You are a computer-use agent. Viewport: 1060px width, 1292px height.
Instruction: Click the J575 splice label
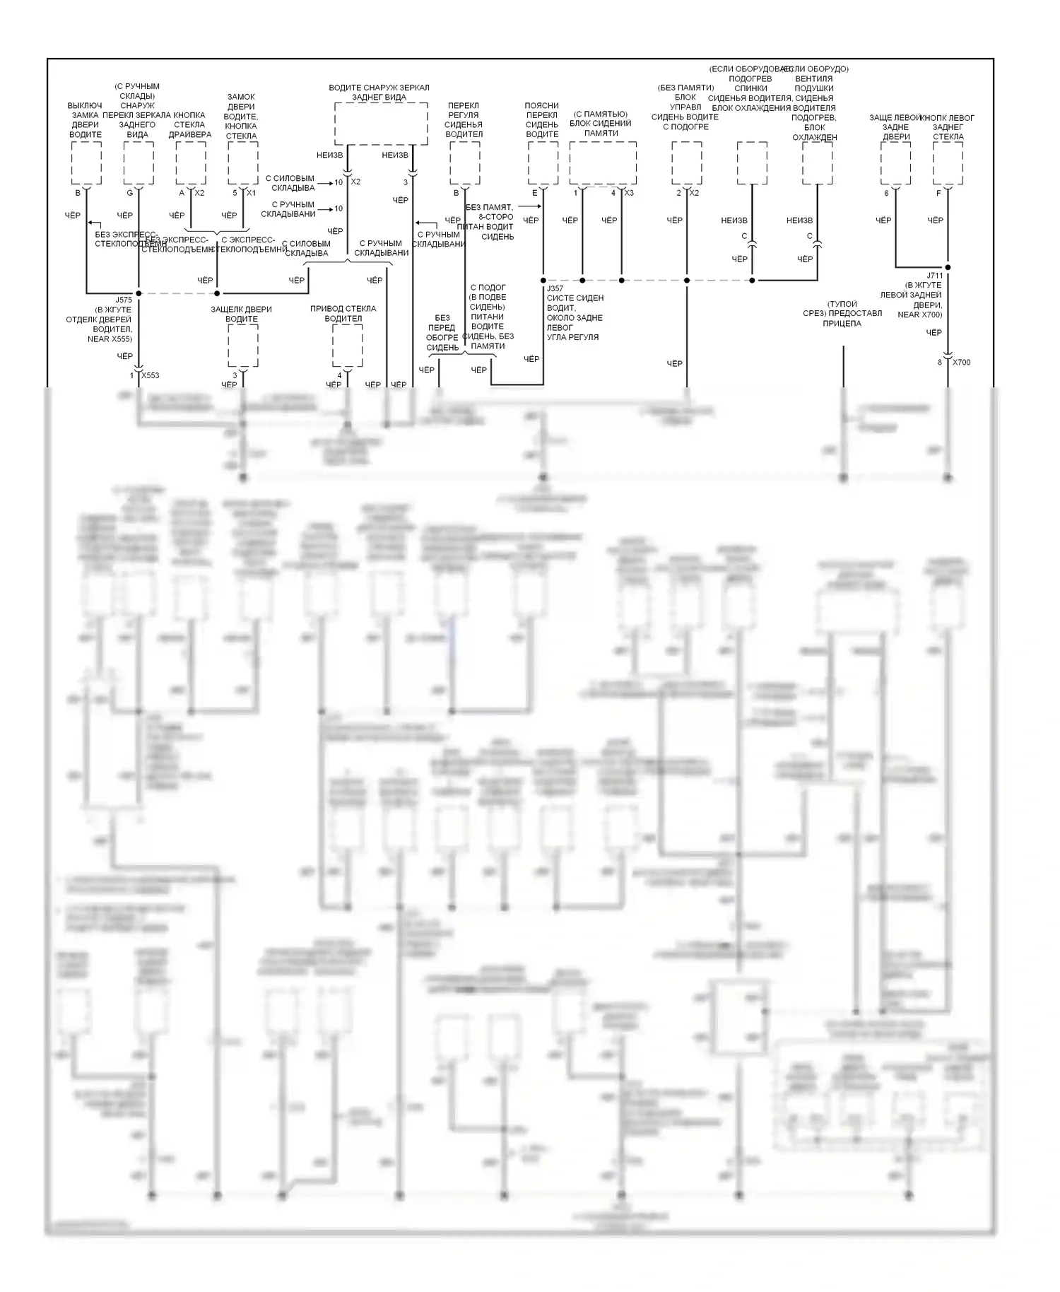[x=124, y=300]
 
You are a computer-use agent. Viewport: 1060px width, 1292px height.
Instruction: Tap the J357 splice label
[x=555, y=288]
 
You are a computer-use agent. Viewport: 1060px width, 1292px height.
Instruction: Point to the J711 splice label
[x=934, y=276]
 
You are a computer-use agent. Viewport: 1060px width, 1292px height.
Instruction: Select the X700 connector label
[x=961, y=362]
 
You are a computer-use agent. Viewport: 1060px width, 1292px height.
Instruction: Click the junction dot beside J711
[x=948, y=267]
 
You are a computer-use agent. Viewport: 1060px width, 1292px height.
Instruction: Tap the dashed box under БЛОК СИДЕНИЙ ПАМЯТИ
[x=602, y=163]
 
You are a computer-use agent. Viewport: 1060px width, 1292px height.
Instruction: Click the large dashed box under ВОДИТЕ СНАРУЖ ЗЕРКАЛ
[x=380, y=124]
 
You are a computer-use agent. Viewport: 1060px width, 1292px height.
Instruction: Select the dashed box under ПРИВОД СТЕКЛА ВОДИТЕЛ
[x=347, y=346]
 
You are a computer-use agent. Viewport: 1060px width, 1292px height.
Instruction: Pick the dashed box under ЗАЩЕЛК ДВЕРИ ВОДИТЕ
[x=242, y=346]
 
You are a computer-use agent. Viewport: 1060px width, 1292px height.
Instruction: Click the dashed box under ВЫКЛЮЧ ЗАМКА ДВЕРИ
[x=86, y=163]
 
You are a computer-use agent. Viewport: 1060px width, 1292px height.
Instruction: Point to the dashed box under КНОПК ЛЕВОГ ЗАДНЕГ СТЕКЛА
[x=948, y=163]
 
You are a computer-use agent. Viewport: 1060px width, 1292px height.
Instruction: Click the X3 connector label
[x=629, y=193]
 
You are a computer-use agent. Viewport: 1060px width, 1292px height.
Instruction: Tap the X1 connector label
[x=251, y=193]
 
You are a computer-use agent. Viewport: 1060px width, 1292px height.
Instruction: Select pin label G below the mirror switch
[x=130, y=193]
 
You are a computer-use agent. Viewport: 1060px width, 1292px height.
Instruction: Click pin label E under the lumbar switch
[x=535, y=193]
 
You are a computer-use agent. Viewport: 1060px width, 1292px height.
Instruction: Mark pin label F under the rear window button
[x=938, y=193]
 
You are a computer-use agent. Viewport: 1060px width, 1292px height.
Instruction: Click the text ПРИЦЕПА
[x=842, y=323]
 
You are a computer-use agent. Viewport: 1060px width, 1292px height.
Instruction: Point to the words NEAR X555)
[x=110, y=339]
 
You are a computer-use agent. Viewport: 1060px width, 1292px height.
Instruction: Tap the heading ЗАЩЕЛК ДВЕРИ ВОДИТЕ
[x=241, y=314]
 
